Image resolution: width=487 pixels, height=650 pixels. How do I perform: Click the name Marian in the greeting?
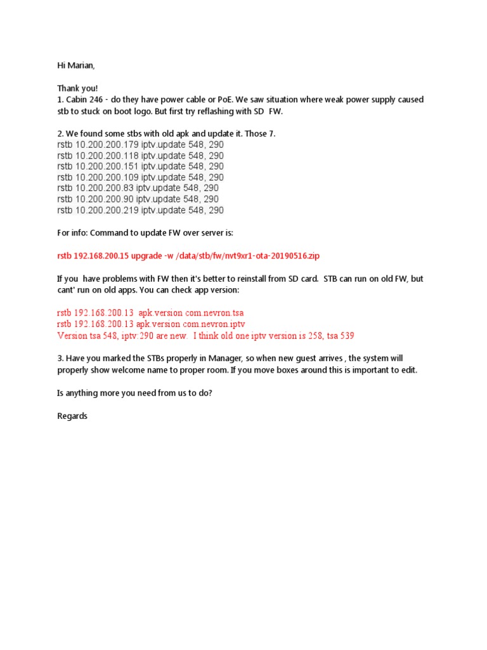[80, 65]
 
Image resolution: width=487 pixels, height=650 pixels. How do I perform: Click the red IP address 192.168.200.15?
[104, 255]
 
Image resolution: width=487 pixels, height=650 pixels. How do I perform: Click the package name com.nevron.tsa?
[214, 313]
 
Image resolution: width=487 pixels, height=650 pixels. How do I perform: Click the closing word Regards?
[72, 416]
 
